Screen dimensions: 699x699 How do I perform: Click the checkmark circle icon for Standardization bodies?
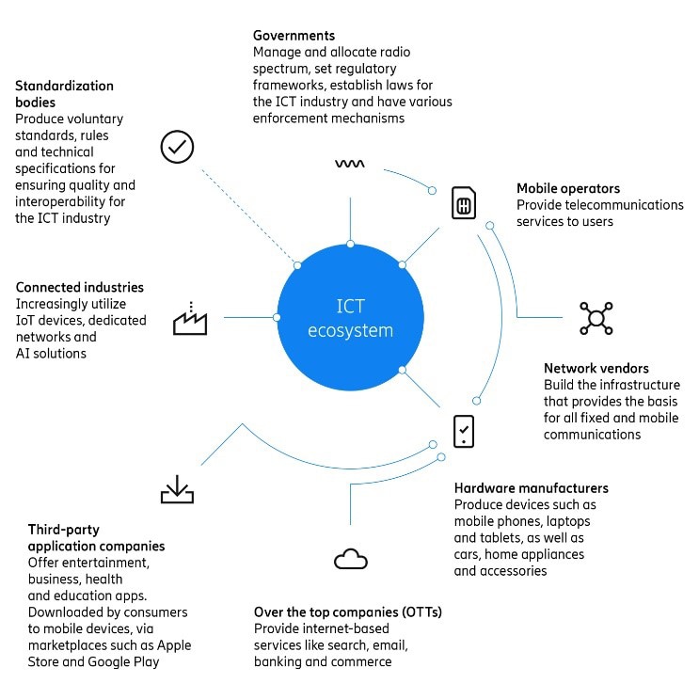tap(177, 147)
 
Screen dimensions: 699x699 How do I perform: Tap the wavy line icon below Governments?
tap(350, 164)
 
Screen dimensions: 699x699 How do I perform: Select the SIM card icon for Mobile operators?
tap(464, 203)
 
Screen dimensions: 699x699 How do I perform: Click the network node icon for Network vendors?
tap(596, 318)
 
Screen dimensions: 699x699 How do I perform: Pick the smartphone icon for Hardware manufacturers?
tap(464, 432)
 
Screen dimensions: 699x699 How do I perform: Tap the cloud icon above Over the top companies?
tap(351, 559)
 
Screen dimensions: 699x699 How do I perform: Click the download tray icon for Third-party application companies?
tap(177, 489)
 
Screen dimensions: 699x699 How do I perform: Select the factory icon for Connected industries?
tap(190, 318)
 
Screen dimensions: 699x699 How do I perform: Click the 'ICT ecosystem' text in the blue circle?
tap(350, 318)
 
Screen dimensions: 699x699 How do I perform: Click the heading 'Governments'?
tap(294, 35)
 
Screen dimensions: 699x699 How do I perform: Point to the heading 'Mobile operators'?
tap(568, 188)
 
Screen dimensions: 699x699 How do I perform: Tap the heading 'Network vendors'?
tap(596, 368)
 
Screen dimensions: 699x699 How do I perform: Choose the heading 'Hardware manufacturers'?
tap(531, 488)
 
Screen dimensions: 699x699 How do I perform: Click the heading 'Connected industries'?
tap(80, 287)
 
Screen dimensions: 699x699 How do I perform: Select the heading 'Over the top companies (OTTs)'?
tap(348, 612)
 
